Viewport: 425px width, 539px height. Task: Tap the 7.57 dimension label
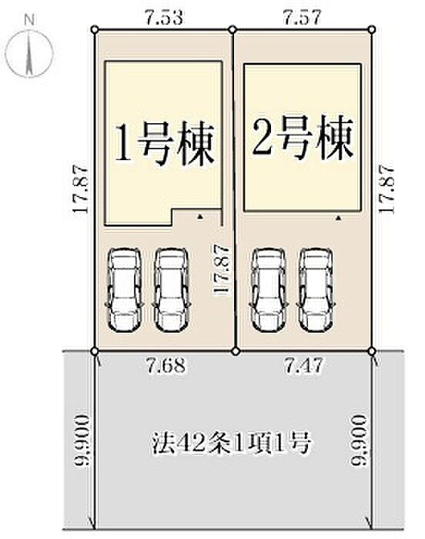coord(303,15)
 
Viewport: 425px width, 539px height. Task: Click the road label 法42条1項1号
coord(230,443)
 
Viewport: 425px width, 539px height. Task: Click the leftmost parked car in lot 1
coord(124,288)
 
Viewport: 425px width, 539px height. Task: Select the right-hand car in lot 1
coord(169,288)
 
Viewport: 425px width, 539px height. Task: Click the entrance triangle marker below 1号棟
coord(199,219)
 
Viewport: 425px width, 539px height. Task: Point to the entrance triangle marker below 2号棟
coord(337,219)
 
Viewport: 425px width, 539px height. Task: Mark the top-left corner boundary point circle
coord(95,30)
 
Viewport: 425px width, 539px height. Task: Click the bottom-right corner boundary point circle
coord(372,351)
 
